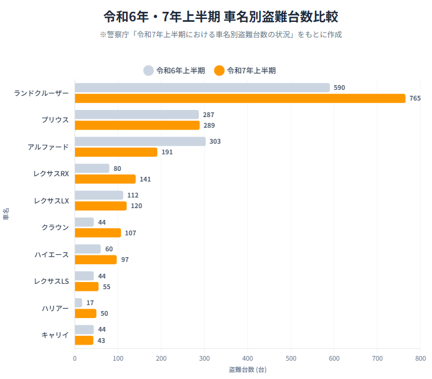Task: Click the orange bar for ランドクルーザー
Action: [240, 98]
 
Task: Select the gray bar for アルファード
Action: [140, 141]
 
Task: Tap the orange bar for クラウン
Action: [98, 233]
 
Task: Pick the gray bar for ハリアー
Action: [78, 303]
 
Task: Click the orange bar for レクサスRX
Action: [105, 179]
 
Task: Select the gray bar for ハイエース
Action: [88, 249]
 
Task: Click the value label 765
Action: [415, 98]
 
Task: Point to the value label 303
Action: [215, 141]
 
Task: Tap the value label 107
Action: [130, 233]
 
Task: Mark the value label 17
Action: [90, 303]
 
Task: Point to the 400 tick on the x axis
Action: [248, 358]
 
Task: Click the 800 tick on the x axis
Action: [421, 358]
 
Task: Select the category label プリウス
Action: [55, 119]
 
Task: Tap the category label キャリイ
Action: [55, 335]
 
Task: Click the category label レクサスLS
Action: [51, 281]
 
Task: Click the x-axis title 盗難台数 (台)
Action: [247, 370]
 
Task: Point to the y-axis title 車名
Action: [6, 214]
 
